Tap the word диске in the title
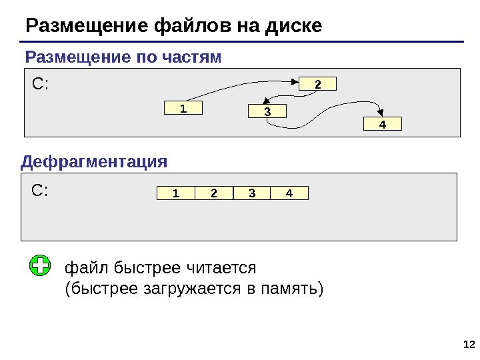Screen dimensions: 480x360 293,26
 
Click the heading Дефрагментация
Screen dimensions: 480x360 95,162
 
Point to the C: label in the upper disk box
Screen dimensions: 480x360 41,85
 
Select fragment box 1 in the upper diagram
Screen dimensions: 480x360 183,108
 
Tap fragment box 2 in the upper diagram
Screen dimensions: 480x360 317,84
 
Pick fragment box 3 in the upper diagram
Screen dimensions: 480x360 267,112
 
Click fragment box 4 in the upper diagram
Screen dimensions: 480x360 383,124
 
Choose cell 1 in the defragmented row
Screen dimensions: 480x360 176,193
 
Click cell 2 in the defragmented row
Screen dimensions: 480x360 214,193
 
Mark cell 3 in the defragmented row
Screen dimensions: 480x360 252,193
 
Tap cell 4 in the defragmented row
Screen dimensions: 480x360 289,193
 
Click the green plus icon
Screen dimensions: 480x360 41,266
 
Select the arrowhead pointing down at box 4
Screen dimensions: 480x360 381,112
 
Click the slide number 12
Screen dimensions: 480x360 468,344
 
